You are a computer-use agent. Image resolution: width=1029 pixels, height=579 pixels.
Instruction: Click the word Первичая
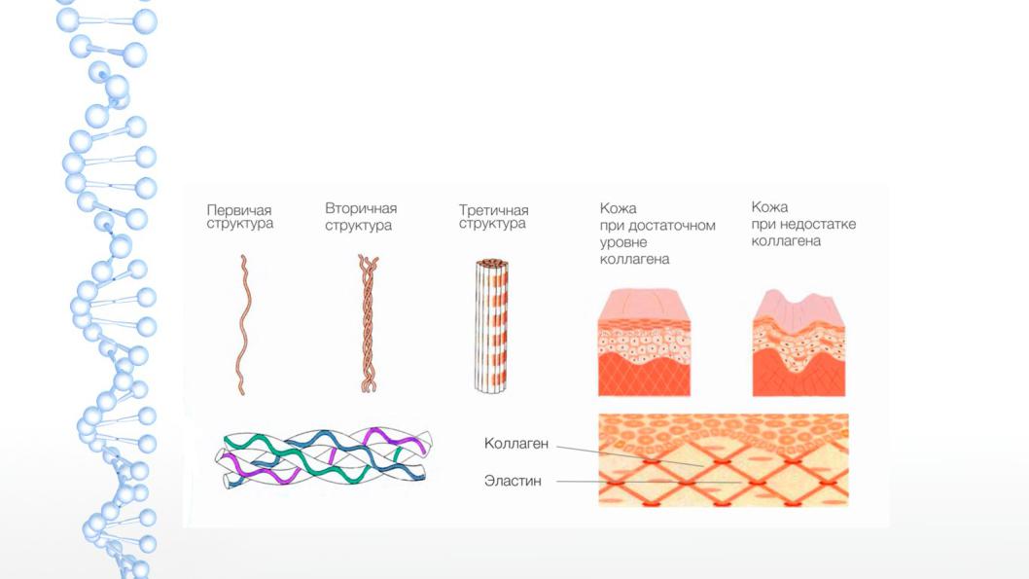click(x=239, y=210)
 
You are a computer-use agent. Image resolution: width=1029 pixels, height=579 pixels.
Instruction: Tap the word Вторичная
click(x=361, y=208)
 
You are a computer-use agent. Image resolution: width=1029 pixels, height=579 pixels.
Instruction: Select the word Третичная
click(x=493, y=210)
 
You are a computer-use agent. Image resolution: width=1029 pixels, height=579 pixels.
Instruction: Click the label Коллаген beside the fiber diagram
click(x=515, y=444)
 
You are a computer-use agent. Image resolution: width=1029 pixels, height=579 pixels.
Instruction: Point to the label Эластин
click(x=513, y=481)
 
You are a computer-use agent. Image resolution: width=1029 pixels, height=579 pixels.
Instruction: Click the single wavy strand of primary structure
click(x=242, y=325)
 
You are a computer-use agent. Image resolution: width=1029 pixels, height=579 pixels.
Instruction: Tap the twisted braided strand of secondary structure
click(x=369, y=324)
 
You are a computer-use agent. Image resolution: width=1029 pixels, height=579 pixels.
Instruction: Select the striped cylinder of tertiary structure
click(x=491, y=326)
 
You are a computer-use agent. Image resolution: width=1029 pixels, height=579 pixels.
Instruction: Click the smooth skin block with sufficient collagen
click(x=644, y=343)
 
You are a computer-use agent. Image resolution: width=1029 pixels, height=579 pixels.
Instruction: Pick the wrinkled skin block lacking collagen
click(x=798, y=343)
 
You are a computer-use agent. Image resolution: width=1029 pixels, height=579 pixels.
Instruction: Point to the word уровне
click(x=622, y=243)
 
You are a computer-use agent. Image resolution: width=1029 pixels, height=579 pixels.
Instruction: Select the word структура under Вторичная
click(x=358, y=225)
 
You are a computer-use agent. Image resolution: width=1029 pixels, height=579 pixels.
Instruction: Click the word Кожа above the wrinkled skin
click(x=769, y=207)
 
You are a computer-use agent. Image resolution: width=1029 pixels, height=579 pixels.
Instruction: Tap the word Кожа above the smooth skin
click(x=618, y=209)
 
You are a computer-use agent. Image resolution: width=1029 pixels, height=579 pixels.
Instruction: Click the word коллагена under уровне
click(x=634, y=259)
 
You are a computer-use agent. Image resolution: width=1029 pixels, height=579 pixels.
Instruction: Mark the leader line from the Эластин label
click(x=649, y=482)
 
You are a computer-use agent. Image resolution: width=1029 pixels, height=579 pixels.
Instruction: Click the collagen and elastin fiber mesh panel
click(x=724, y=459)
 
